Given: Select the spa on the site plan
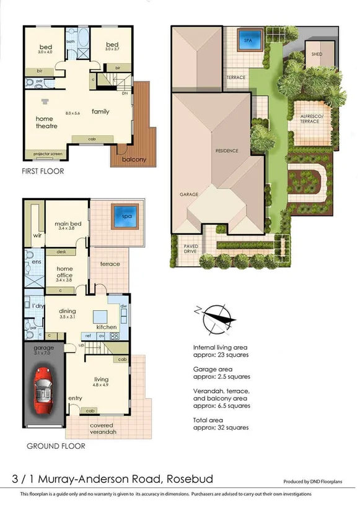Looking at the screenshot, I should coord(248,40).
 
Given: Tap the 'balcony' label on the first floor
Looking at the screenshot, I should coord(134,160).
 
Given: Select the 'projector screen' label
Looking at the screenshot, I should coord(42,153).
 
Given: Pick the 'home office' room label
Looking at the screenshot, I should coord(65,272).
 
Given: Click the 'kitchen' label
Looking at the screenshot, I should coord(107,326).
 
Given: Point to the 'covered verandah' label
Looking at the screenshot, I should coord(101,428).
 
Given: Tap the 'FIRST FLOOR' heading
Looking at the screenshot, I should coord(43,171).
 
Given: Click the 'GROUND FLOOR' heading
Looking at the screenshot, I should coord(51,446).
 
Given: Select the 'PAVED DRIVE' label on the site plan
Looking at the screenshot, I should coord(191,249).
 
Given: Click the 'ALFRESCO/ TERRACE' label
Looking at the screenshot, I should coord(310,119).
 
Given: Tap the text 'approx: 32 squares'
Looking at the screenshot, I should coord(221,427).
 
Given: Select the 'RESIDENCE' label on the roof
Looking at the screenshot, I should coord(227,151).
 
